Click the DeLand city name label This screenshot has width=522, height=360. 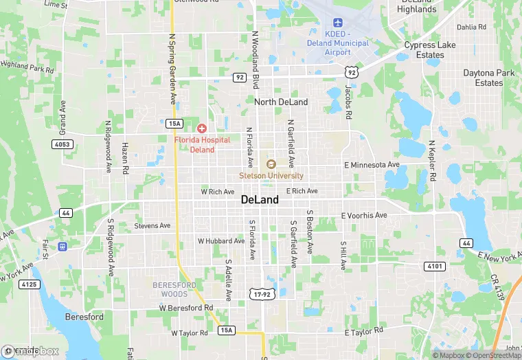(x=260, y=200)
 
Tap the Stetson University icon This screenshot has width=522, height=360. (x=271, y=164)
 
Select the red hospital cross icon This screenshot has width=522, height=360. (x=202, y=128)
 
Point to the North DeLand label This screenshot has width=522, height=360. (x=281, y=102)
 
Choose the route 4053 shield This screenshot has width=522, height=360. (x=61, y=144)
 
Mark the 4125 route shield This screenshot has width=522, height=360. (x=28, y=284)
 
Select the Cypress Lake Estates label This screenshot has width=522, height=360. (x=429, y=50)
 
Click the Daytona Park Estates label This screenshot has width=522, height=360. (x=489, y=78)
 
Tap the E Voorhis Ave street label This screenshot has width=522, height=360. (x=364, y=215)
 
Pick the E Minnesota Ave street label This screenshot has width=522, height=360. (x=371, y=165)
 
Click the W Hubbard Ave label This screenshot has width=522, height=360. (x=221, y=241)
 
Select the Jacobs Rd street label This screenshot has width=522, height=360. (x=348, y=100)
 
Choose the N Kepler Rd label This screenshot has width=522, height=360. (x=432, y=161)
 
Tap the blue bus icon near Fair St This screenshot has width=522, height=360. (x=63, y=246)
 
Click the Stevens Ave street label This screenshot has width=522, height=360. (x=152, y=225)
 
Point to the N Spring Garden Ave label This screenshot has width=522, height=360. (x=172, y=69)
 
